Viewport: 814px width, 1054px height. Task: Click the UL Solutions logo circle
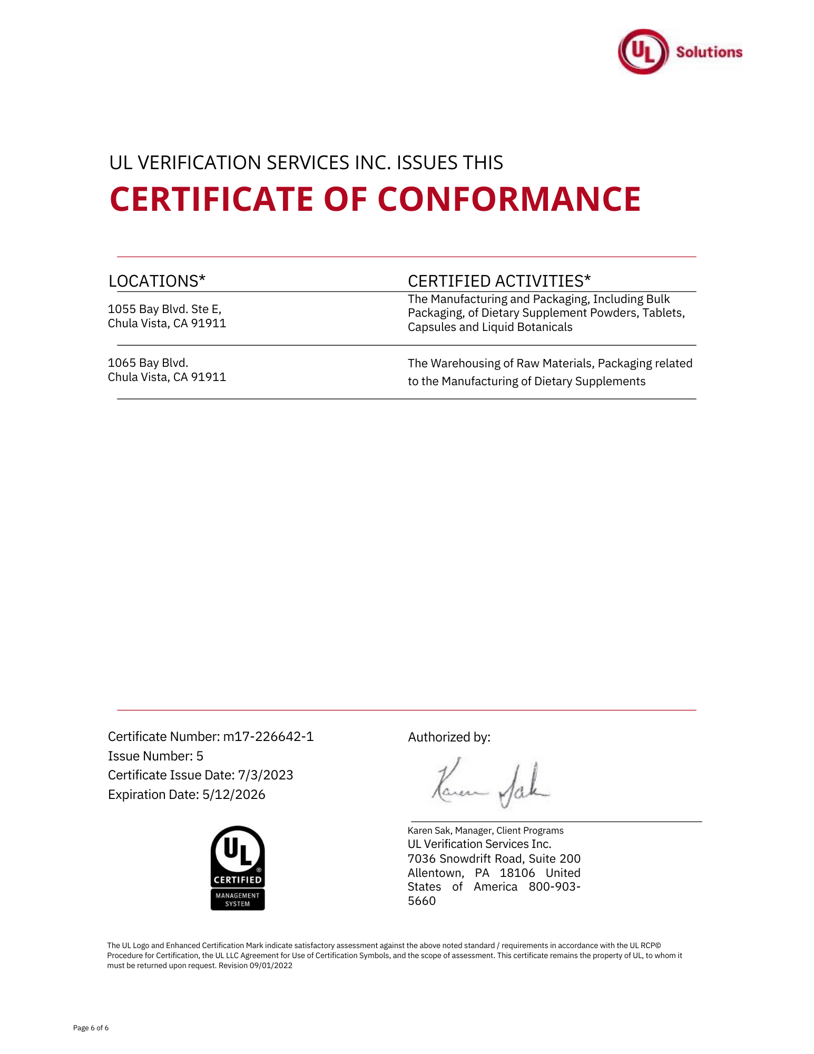point(643,52)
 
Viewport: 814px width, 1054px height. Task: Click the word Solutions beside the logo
point(709,52)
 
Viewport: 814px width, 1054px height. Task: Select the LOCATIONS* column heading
point(156,281)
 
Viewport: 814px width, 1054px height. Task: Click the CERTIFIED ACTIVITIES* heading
point(499,281)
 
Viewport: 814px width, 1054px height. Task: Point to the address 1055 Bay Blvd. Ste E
point(164,309)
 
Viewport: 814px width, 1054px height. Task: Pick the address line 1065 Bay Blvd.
point(148,363)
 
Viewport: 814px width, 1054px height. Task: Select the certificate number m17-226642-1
point(268,736)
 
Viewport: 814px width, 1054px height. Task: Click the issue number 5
point(200,756)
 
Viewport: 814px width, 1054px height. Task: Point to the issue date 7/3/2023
point(266,775)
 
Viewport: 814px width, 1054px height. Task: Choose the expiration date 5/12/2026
point(234,794)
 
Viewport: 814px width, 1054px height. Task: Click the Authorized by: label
point(449,737)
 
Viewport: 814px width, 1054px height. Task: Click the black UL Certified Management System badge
point(238,867)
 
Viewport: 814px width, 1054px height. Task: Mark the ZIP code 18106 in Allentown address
point(517,873)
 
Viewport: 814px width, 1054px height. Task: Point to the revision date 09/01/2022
point(271,965)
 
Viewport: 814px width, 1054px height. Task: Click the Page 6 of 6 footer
point(91,1028)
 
